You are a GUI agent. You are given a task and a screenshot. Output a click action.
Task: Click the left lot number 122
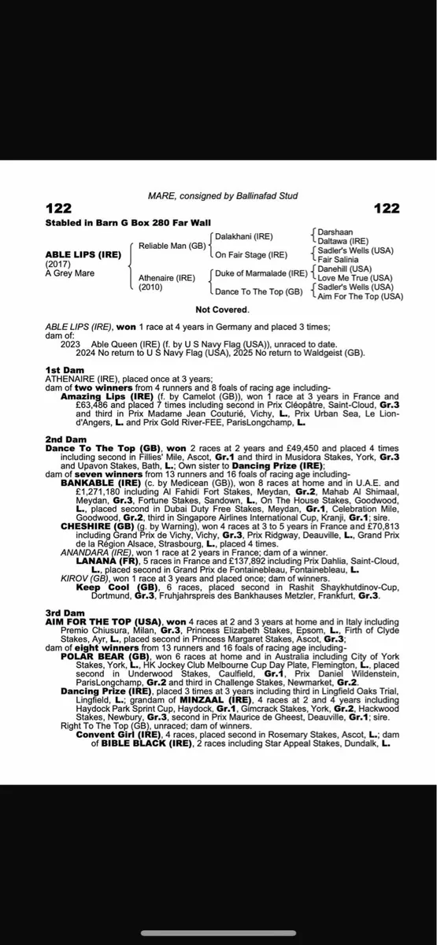click(x=59, y=208)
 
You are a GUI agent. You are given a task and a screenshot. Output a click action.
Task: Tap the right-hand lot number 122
click(x=386, y=208)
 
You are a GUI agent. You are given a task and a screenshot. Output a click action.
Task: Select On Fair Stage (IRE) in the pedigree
click(x=251, y=255)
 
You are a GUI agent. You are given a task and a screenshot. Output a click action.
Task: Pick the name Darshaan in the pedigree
click(x=335, y=232)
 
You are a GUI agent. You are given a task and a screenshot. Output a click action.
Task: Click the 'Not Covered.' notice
click(x=220, y=310)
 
